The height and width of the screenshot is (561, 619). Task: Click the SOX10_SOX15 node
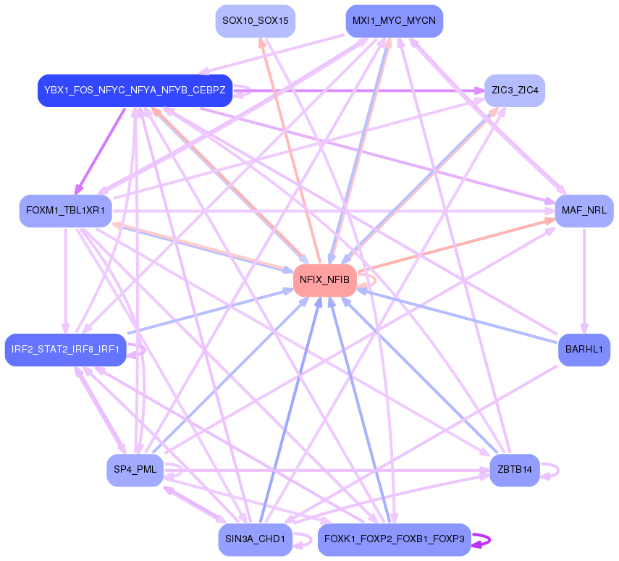(x=255, y=21)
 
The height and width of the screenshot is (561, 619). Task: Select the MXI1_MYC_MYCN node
(x=394, y=21)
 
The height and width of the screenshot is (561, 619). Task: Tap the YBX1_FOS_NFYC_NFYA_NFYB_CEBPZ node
(x=135, y=90)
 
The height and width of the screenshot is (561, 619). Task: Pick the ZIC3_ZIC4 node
(x=514, y=90)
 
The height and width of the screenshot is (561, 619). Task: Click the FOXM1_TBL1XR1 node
(x=65, y=211)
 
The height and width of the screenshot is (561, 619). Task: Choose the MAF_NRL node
(x=584, y=211)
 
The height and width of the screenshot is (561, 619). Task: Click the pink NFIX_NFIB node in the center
(x=324, y=279)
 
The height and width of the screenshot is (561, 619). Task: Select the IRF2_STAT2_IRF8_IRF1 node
(x=66, y=350)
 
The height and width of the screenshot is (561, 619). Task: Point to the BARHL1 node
(x=584, y=350)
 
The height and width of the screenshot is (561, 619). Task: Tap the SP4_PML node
(x=135, y=470)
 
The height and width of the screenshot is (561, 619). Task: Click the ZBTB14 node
(x=514, y=470)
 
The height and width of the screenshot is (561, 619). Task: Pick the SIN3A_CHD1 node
(x=255, y=539)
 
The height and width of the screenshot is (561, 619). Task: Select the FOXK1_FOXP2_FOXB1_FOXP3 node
(x=394, y=539)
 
